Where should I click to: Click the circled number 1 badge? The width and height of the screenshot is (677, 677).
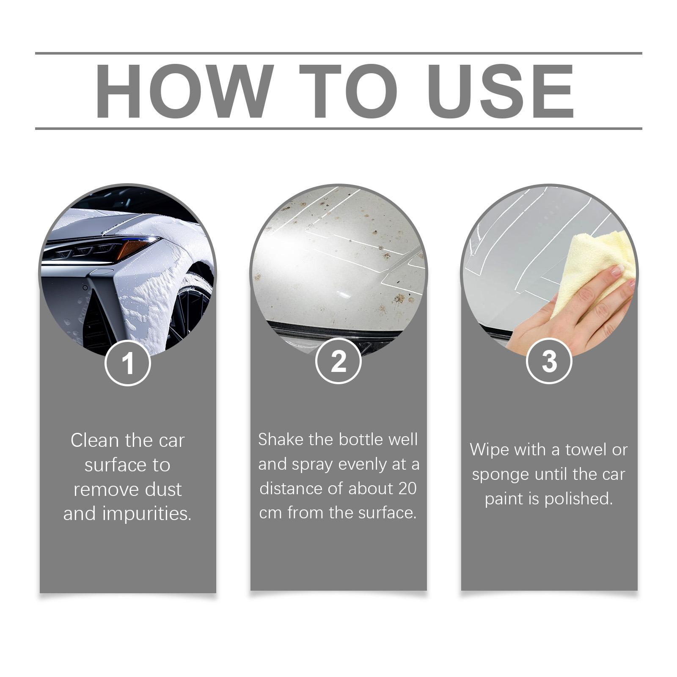128,363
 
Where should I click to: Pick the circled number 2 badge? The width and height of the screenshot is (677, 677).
338,361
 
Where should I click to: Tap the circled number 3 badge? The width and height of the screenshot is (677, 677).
549,361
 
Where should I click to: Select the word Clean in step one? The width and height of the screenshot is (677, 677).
95,440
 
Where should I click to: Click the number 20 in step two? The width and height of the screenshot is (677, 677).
407,489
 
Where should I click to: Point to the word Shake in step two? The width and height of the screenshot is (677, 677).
281,440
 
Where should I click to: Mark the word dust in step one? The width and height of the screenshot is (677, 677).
163,490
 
